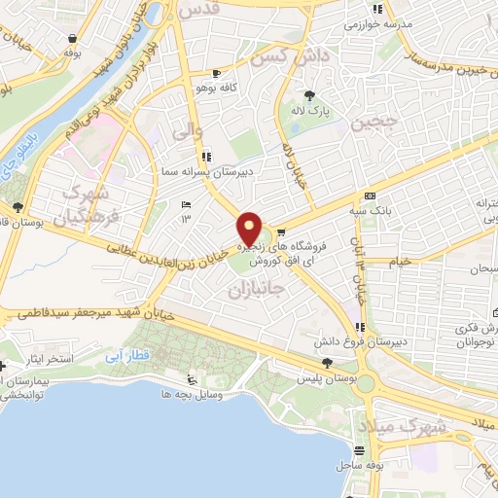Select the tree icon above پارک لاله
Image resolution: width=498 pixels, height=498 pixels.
310,95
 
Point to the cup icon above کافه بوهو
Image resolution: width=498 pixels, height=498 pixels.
216,73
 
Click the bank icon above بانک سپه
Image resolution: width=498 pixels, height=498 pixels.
369,196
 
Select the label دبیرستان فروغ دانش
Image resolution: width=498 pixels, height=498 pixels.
351,343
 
